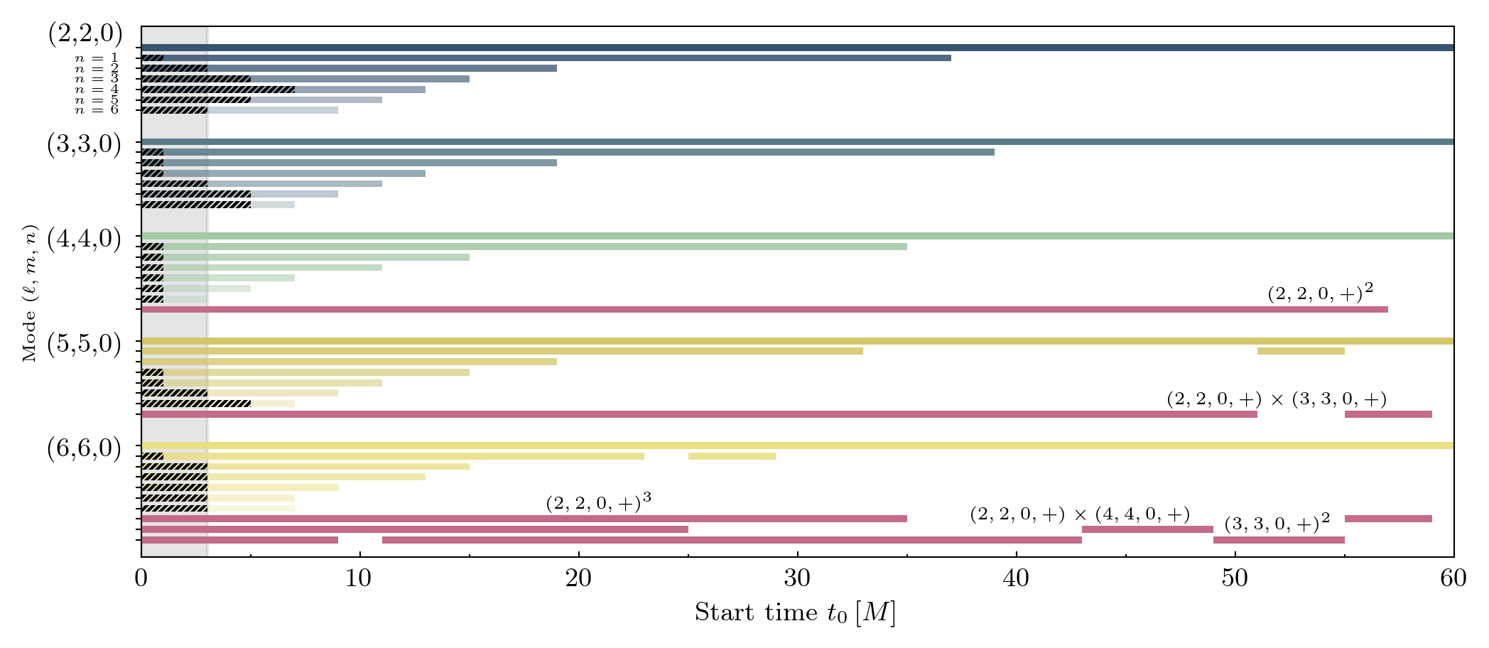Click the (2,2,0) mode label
(85, 35)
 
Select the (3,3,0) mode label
(84, 144)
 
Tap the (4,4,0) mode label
(84, 239)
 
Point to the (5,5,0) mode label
(84, 344)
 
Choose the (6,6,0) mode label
(84, 449)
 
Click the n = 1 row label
(97, 58)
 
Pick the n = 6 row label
(97, 110)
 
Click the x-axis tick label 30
(797, 579)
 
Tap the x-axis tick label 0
(141, 579)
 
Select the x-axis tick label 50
(1235, 579)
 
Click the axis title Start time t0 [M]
(795, 612)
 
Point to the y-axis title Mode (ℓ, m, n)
(29, 293)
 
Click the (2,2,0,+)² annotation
(1320, 293)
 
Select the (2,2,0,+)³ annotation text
(598, 503)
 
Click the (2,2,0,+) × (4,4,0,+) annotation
(1080, 514)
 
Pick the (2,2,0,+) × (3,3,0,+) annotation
(1276, 399)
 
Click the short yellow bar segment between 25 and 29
(732, 456)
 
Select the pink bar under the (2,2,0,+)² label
(764, 309)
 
